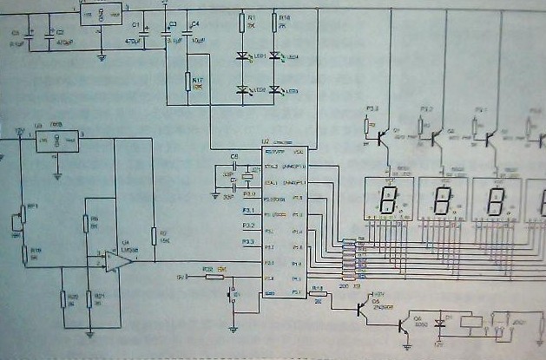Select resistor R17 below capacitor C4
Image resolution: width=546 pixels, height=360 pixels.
187,82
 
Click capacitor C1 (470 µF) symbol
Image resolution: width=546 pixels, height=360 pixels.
145,33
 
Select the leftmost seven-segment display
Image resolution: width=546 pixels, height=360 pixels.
386,199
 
